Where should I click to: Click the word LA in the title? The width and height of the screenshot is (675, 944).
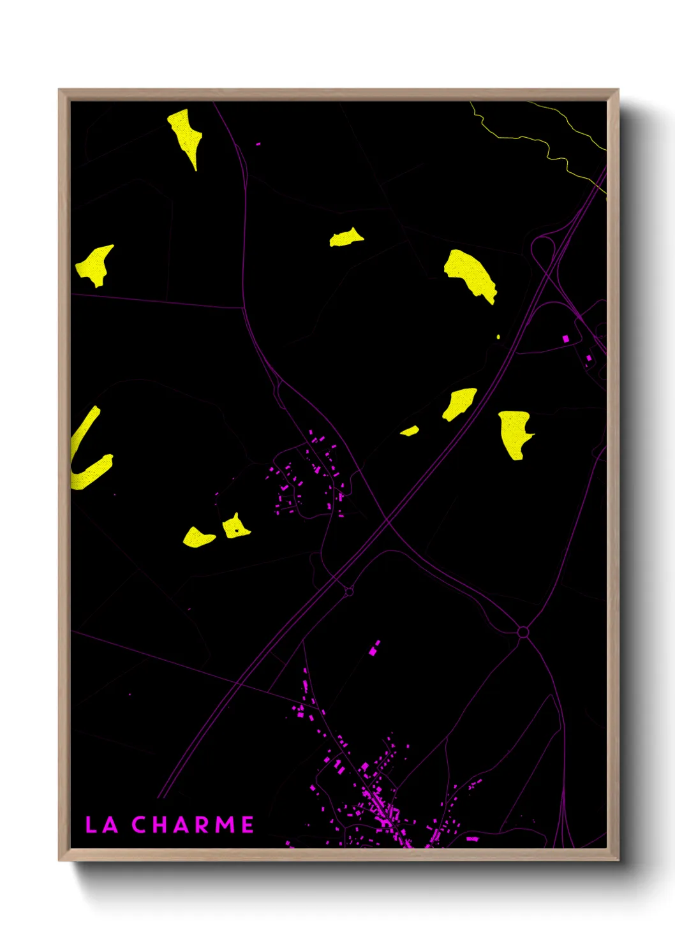101,825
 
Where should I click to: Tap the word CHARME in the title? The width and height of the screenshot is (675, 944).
193,825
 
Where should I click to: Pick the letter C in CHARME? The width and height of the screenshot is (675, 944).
139,825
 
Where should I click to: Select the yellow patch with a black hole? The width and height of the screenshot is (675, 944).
235,527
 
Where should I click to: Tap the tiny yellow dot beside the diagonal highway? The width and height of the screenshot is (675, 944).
498,337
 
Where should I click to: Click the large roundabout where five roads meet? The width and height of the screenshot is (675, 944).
523,632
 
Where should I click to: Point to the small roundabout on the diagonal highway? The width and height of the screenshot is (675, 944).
349,592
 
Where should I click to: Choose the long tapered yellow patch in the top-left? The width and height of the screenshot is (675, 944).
186,136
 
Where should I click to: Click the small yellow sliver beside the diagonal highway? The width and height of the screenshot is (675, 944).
410,431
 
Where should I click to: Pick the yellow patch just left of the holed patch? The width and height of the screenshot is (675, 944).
199,538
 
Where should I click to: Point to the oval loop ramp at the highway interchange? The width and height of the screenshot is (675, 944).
542,249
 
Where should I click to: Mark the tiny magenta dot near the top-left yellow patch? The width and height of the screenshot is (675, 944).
258,144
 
